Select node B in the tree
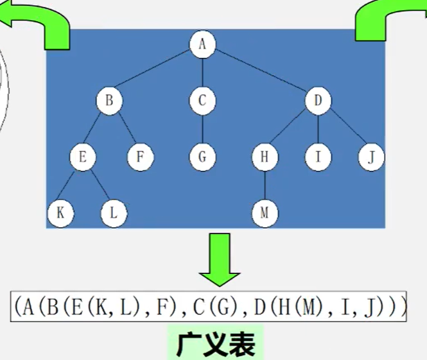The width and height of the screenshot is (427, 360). coord(109,101)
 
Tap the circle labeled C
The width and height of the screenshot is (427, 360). coord(202,101)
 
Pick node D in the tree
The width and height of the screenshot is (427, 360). coord(317,101)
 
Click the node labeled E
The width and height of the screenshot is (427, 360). coord(82,157)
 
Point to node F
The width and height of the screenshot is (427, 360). coord(140,157)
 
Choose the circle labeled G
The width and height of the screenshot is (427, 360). coord(202,157)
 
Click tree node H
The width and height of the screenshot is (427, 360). coord(264,157)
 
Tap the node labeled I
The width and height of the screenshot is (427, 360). coord(317,157)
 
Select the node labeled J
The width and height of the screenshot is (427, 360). coord(370,157)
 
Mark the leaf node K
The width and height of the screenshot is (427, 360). coord(60,212)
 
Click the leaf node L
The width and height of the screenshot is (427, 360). coord(114,212)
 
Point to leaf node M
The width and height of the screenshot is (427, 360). coord(264,212)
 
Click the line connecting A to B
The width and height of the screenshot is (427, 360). coord(156,72)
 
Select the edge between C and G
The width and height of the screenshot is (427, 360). coord(202,129)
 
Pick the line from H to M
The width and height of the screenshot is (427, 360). coord(264,185)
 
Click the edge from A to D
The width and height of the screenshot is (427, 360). coord(259,72)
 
